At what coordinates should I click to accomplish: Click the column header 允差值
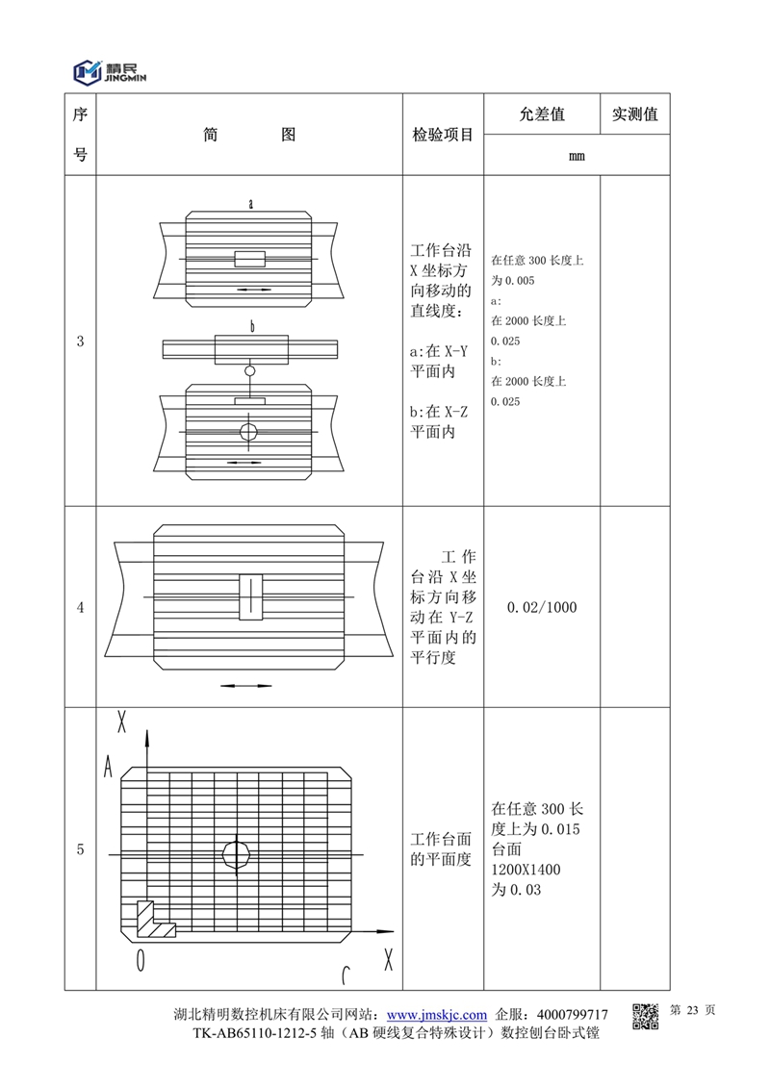(x=542, y=114)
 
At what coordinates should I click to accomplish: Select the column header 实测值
(x=634, y=114)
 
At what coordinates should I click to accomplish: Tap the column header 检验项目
(x=443, y=135)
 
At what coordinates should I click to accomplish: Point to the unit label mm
(x=577, y=156)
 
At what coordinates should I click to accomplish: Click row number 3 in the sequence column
(x=80, y=341)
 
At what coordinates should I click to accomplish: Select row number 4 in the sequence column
(x=80, y=607)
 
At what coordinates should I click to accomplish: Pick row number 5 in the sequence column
(x=80, y=849)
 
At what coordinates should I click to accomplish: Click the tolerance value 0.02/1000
(x=542, y=607)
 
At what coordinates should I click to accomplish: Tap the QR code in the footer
(x=645, y=1016)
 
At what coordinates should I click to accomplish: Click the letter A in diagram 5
(x=110, y=766)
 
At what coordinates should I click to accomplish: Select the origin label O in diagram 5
(x=141, y=959)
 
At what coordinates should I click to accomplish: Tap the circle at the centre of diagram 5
(x=236, y=852)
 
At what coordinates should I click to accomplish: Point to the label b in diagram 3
(x=251, y=327)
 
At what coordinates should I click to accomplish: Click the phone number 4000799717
(x=573, y=1015)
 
